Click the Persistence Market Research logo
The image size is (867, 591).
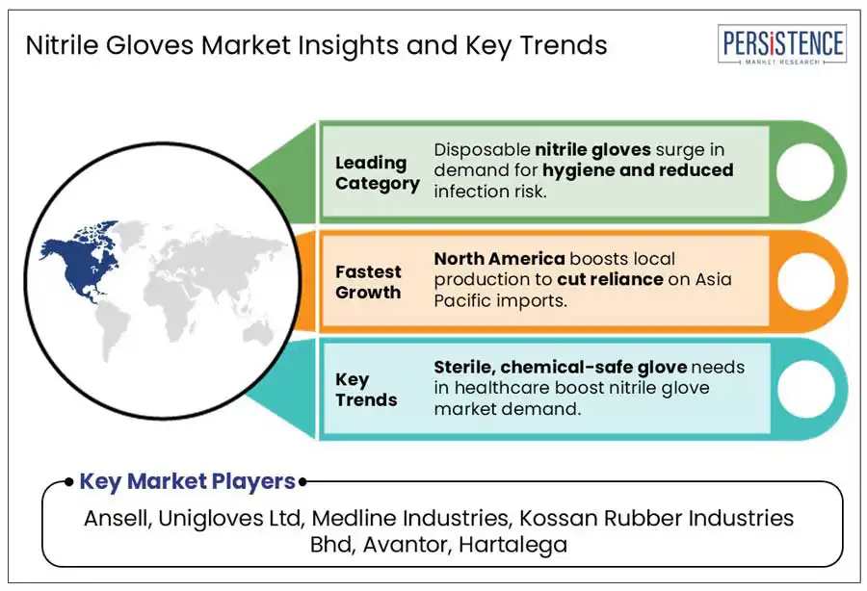coord(782,44)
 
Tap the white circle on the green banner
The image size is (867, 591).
coord(805,171)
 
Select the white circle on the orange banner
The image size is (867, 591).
coord(805,281)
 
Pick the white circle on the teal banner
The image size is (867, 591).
coord(805,389)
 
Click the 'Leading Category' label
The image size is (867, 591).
coord(377,173)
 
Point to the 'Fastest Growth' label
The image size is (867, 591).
coord(368,282)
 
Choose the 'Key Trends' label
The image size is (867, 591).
coord(366,390)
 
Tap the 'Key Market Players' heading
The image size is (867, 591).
coord(188,481)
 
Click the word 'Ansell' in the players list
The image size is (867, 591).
coord(117,518)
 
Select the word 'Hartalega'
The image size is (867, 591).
coord(513,545)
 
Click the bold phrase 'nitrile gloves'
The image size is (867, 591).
coord(592,150)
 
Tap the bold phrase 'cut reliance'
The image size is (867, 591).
coord(610,279)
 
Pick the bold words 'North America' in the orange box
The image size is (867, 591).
coord(499,259)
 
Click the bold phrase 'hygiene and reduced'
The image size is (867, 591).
coord(638,170)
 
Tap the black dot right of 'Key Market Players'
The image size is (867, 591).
coord(302,481)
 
